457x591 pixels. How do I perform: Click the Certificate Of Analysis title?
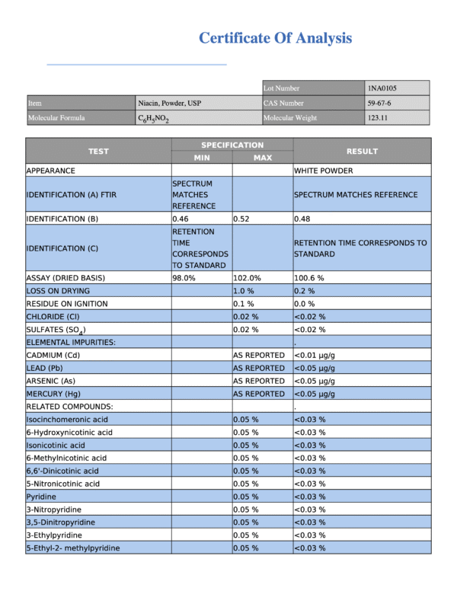point(275,37)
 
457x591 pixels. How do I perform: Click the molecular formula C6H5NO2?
point(153,119)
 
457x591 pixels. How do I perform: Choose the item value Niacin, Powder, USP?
point(169,103)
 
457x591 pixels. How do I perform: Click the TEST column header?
point(98,151)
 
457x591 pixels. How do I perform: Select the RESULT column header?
point(362,151)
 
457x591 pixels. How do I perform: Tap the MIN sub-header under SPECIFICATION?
point(201,158)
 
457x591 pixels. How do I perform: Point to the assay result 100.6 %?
point(311,278)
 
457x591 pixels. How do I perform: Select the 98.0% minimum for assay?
point(184,278)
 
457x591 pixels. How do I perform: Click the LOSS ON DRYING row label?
point(58,291)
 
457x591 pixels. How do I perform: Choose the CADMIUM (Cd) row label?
point(53,355)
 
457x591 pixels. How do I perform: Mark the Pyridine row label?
point(41,497)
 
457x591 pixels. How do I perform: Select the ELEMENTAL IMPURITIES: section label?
point(71,343)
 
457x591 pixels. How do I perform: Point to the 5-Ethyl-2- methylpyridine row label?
point(73,548)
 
